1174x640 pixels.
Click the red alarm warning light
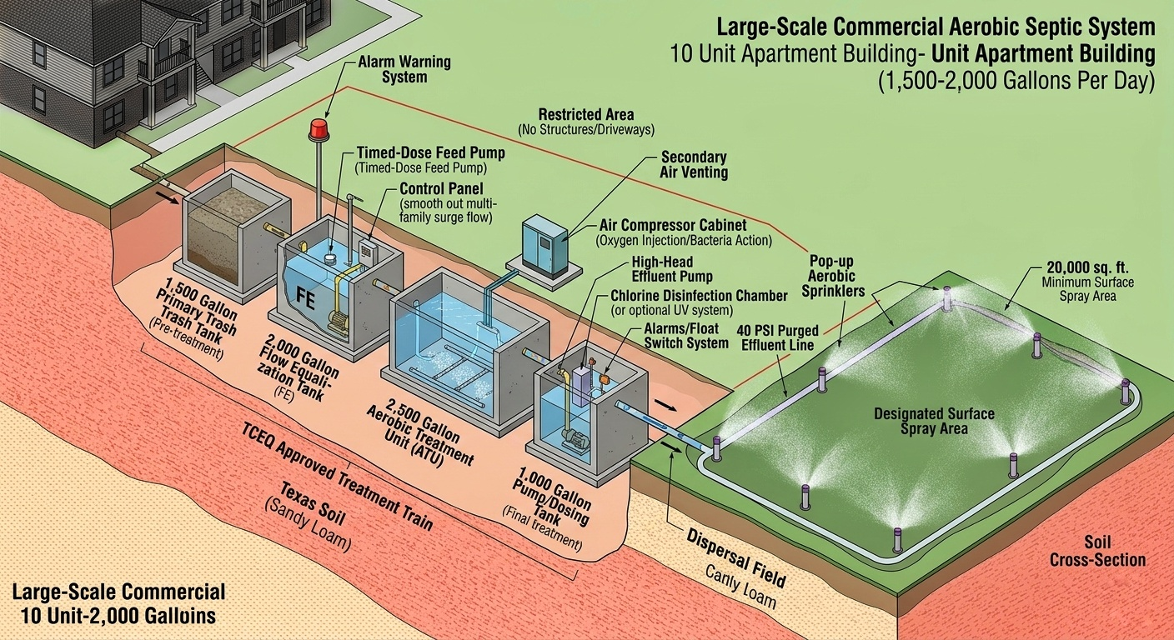(x=318, y=129)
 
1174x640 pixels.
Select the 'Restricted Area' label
(x=586, y=114)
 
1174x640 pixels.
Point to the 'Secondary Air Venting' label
(x=694, y=164)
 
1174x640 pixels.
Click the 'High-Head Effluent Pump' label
(x=672, y=268)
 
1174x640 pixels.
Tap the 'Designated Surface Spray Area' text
(x=934, y=421)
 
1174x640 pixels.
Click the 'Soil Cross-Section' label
(x=1097, y=551)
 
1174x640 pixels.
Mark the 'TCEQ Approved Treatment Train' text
(x=337, y=481)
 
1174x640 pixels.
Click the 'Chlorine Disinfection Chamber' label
(x=699, y=295)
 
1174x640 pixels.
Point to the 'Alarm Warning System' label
(x=404, y=69)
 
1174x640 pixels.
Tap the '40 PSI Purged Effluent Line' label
(x=777, y=337)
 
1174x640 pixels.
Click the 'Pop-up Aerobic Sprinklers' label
(x=833, y=276)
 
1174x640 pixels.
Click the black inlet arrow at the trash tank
(x=168, y=198)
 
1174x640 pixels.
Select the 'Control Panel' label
(x=441, y=188)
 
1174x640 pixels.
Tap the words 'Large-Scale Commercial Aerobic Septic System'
(x=936, y=27)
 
